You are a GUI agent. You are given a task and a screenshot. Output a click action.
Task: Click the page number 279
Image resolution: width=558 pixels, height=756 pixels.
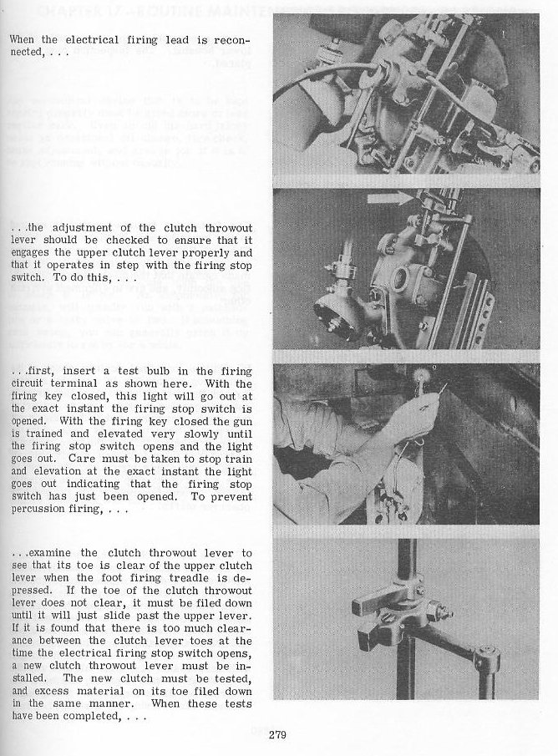279,735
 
